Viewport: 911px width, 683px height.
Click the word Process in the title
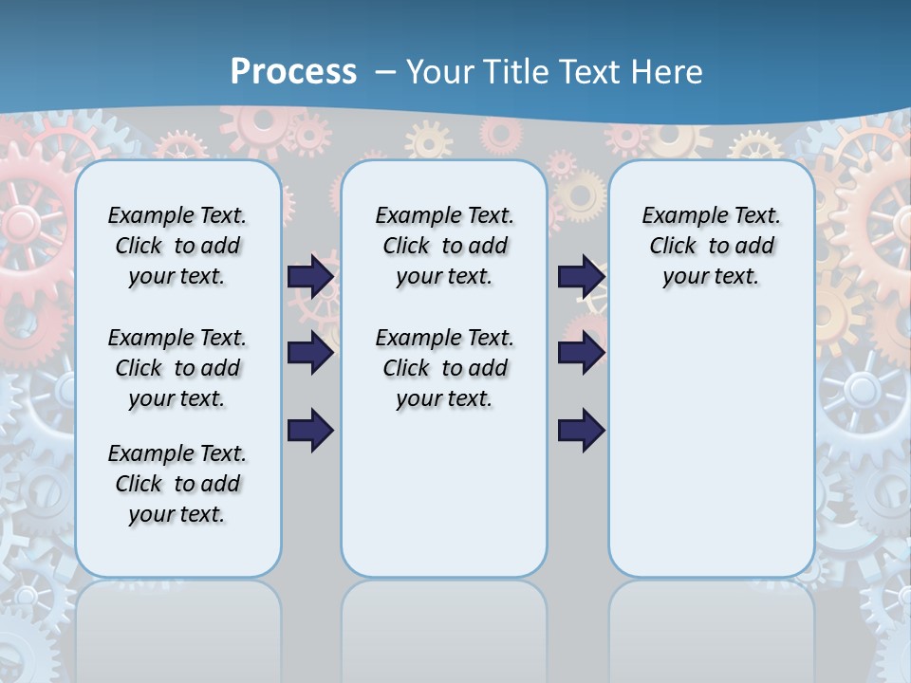coord(293,72)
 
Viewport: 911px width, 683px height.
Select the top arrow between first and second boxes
coord(310,276)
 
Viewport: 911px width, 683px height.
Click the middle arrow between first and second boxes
coord(310,353)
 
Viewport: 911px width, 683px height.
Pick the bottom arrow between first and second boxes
coord(310,430)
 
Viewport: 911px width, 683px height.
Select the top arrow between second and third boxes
coord(581,276)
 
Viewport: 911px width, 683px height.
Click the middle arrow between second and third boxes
coord(581,353)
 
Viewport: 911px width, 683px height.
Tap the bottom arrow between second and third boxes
coord(581,430)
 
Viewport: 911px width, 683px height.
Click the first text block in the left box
coord(177,246)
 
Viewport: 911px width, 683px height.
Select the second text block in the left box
coord(177,368)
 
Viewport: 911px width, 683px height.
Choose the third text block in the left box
coord(177,484)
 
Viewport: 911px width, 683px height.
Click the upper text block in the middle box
coord(444,246)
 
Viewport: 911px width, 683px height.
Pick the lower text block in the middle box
coord(444,368)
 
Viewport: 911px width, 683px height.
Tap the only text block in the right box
coord(711,246)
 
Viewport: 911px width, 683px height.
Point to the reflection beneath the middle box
coord(444,626)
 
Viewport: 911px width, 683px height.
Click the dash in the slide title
coord(385,72)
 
